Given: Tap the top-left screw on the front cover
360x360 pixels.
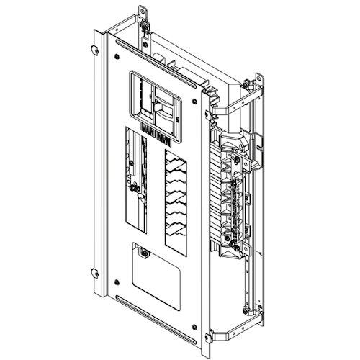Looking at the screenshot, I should tap(116, 51).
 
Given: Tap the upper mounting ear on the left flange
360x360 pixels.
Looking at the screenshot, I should tap(95, 49).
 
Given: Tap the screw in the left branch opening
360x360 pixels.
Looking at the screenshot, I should tap(136, 190).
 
